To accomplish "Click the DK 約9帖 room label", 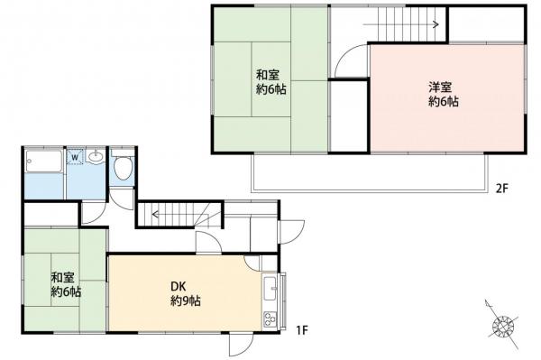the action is [186, 294].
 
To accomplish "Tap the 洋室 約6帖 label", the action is [444, 94].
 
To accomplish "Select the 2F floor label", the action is [502, 189].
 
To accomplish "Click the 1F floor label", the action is [301, 330].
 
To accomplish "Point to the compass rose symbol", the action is [503, 325].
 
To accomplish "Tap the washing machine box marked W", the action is [75, 157].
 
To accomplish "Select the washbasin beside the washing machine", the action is [96, 157].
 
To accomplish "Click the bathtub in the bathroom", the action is [44, 162].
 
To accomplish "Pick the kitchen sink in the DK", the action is [270, 289].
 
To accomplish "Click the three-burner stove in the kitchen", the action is [270, 319].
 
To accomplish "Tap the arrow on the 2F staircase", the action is [400, 24].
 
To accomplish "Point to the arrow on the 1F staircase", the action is [179, 215].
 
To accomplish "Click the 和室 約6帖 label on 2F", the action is [270, 82].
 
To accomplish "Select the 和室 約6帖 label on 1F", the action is [66, 285].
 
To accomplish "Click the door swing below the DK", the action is [241, 345].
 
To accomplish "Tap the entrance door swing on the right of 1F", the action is [292, 231].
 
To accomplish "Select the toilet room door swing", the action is [122, 199].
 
